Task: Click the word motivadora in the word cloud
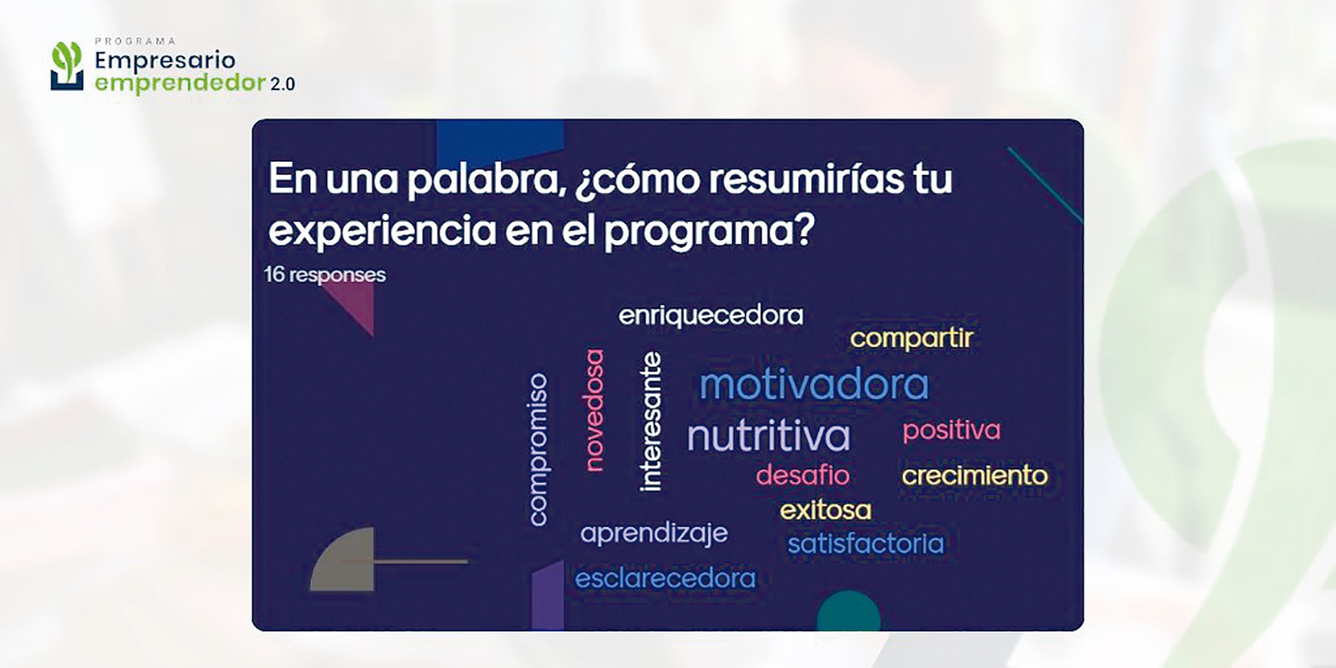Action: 814,384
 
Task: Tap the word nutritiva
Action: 768,435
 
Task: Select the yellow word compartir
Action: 911,339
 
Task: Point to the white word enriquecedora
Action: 710,315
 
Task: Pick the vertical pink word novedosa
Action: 594,410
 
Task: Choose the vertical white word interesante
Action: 650,421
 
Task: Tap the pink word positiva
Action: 951,430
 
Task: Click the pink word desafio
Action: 803,475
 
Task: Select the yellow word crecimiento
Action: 975,475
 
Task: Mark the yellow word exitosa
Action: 825,510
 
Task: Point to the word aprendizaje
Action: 654,533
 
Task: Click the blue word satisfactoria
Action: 866,544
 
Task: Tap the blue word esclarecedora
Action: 665,578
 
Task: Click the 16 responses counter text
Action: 325,275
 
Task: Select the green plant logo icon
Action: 67,66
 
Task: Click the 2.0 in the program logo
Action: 282,84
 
